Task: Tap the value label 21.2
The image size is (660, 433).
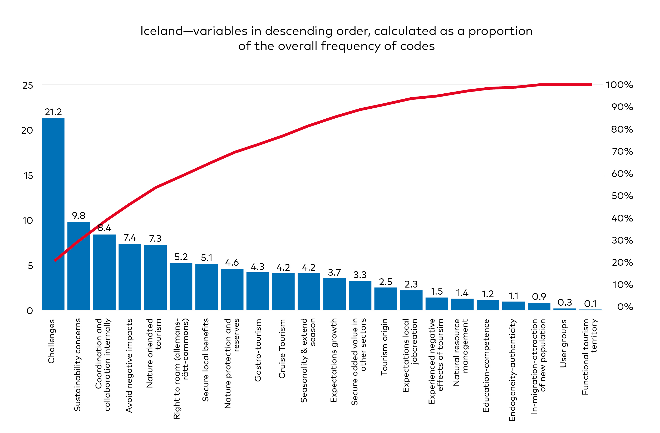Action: [53, 112]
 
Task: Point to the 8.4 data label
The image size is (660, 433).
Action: [104, 228]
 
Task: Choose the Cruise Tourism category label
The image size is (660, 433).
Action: [282, 349]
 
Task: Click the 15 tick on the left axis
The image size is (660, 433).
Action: [28, 176]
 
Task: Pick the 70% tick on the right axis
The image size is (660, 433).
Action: [622, 152]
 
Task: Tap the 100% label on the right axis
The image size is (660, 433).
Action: [619, 85]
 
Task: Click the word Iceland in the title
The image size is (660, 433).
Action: [161, 31]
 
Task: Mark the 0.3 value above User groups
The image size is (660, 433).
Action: [565, 302]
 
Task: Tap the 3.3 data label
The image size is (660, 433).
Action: [360, 275]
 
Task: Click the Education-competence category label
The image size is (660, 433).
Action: [486, 365]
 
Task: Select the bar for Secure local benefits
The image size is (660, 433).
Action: [206, 287]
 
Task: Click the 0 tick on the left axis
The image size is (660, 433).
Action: [29, 311]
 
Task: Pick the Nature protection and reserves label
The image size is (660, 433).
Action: [232, 363]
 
